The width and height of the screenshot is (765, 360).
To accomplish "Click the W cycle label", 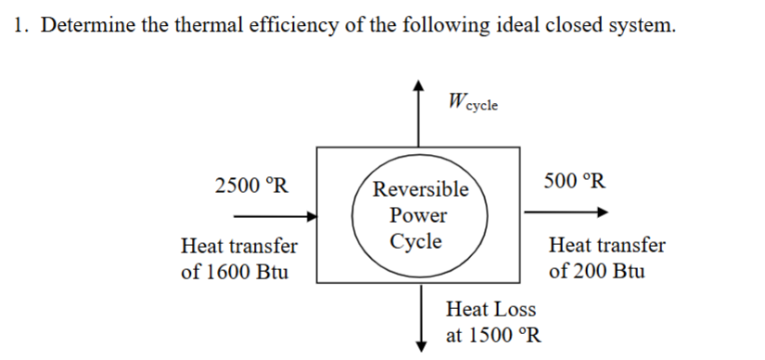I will [471, 102].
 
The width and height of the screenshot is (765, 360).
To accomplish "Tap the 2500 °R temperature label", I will [250, 184].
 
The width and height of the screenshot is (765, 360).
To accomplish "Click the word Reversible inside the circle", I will [421, 190].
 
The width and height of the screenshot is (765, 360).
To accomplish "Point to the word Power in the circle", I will [418, 216].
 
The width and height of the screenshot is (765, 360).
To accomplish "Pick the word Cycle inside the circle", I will [416, 242].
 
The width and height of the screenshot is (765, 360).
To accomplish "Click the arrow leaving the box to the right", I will [567, 212].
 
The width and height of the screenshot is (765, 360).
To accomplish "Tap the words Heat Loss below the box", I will [491, 308].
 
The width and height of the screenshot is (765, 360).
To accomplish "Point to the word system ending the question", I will [641, 25].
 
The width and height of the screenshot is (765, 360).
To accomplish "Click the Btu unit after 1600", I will [270, 273].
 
